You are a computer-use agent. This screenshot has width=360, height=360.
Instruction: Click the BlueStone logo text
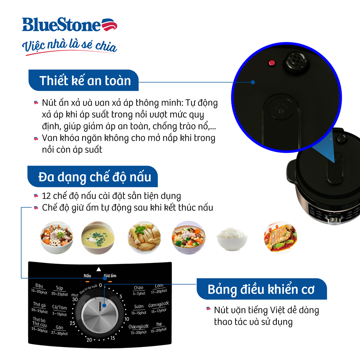[x=62, y=25]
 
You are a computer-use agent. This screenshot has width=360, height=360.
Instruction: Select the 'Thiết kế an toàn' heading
[x=85, y=80]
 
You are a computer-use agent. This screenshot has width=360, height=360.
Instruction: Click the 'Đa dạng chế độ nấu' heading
[x=94, y=176]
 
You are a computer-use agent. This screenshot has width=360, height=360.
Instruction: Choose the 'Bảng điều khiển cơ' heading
[x=261, y=289]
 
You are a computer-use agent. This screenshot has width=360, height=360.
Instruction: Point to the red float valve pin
[x=271, y=63]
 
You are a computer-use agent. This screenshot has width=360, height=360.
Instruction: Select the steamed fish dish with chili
[x=280, y=237]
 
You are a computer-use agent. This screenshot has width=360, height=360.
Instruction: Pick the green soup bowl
[x=97, y=237]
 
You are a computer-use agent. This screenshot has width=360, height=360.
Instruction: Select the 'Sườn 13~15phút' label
[x=139, y=310]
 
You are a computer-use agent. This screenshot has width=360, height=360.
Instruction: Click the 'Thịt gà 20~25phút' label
[x=39, y=307]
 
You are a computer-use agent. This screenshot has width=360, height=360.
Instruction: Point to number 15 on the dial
[x=112, y=338]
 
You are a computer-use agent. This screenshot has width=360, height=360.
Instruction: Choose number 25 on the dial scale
[x=73, y=323]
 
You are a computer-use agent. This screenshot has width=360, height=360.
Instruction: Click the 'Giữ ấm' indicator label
[x=110, y=276]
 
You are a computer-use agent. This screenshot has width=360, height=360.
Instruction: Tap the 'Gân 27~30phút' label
[x=59, y=330]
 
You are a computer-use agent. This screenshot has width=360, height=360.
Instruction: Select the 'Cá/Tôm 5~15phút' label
[x=59, y=311]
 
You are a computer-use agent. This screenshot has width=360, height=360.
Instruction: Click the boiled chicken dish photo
[x=144, y=237]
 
